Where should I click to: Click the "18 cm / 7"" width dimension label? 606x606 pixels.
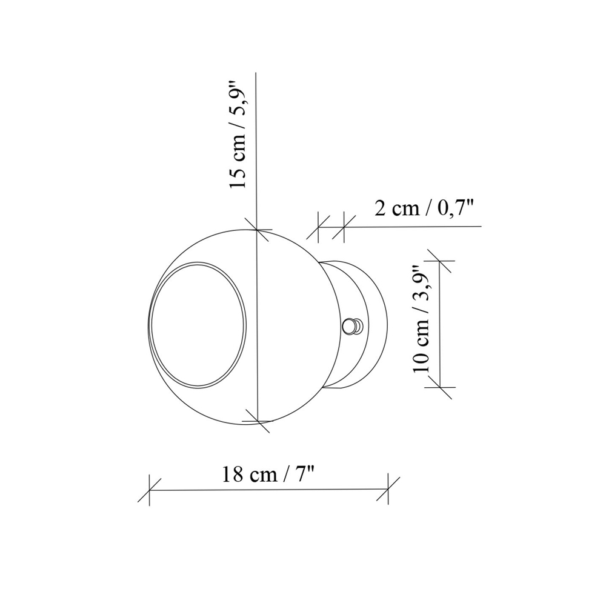pyautogui.click(x=267, y=474)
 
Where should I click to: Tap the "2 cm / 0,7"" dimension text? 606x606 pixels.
pyautogui.click(x=424, y=208)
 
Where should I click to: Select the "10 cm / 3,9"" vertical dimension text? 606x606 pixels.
pyautogui.click(x=422, y=319)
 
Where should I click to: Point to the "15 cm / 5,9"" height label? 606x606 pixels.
pyautogui.click(x=238, y=134)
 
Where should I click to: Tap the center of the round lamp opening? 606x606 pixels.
pyautogui.click(x=198, y=325)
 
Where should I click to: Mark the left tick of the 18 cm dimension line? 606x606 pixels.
pyautogui.click(x=149, y=490)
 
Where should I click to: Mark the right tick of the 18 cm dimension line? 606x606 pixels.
pyautogui.click(x=388, y=490)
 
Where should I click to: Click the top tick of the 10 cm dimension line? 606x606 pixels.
pyautogui.click(x=440, y=261)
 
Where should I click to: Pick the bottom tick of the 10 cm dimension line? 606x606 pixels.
pyautogui.click(x=441, y=387)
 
